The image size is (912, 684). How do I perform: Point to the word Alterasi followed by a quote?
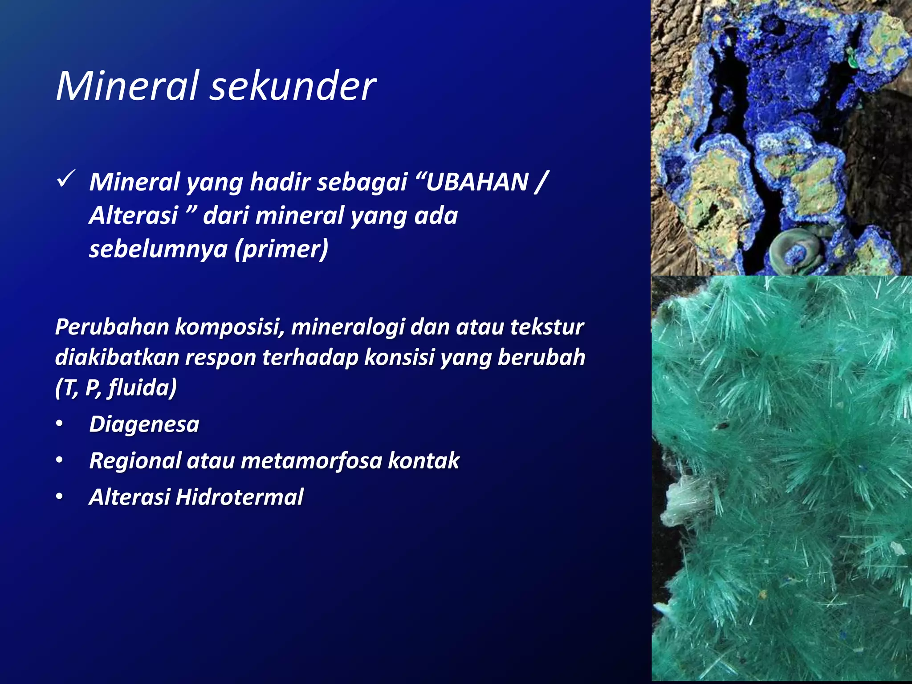(134, 216)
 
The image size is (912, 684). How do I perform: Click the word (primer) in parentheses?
(282, 248)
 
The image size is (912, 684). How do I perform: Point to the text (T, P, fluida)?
(116, 387)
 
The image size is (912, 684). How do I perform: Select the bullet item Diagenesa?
(144, 424)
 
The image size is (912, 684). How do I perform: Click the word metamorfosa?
(311, 460)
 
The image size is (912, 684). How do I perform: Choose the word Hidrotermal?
(240, 497)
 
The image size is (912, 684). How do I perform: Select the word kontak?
(423, 460)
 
